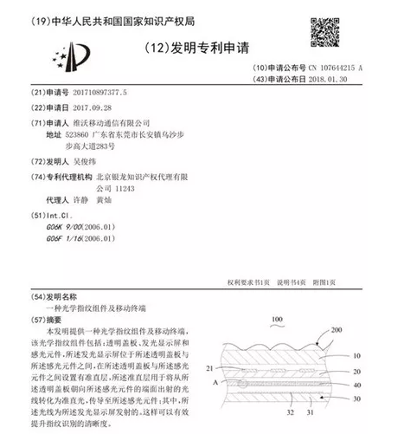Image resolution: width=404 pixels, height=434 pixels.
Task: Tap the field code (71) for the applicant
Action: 39,123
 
